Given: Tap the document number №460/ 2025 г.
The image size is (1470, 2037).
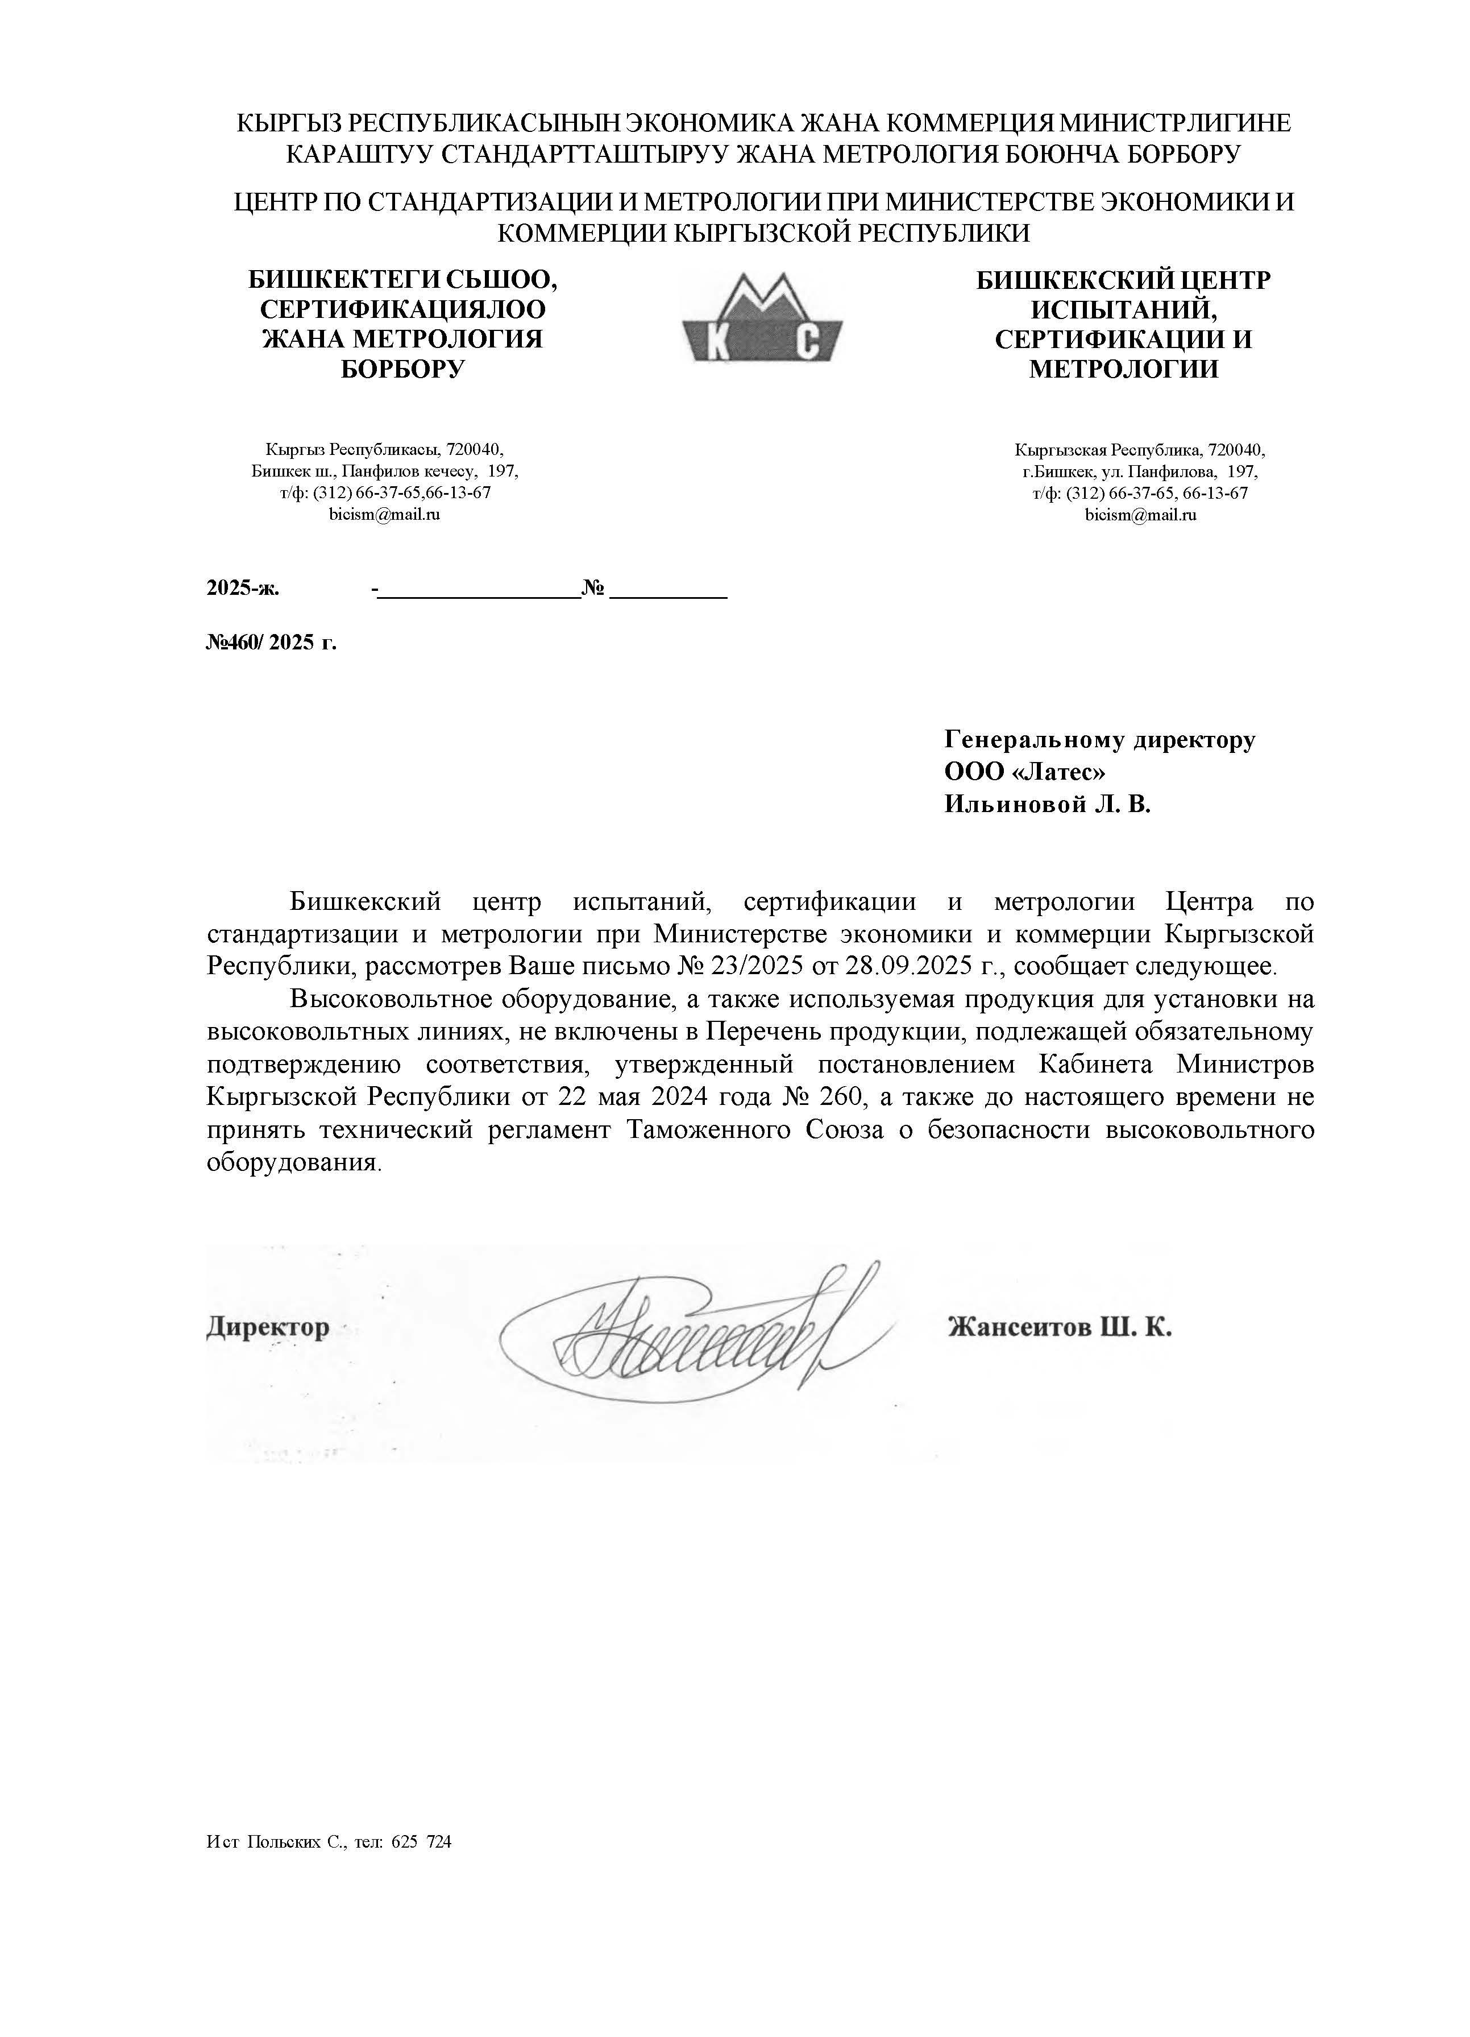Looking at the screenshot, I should pyautogui.click(x=271, y=642).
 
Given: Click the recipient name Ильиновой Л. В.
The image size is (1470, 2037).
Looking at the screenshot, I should pyautogui.click(x=1046, y=804).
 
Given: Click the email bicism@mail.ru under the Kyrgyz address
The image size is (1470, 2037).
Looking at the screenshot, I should pyautogui.click(x=384, y=515).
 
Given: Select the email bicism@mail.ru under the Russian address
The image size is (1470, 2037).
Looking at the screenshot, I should pyautogui.click(x=1140, y=515).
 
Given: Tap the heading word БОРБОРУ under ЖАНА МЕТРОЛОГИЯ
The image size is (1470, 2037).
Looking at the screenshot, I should pyautogui.click(x=402, y=369).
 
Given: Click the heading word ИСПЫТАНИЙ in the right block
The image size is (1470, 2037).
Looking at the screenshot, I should pyautogui.click(x=1123, y=310).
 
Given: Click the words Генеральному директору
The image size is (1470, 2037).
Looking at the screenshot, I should pyautogui.click(x=1099, y=739).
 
